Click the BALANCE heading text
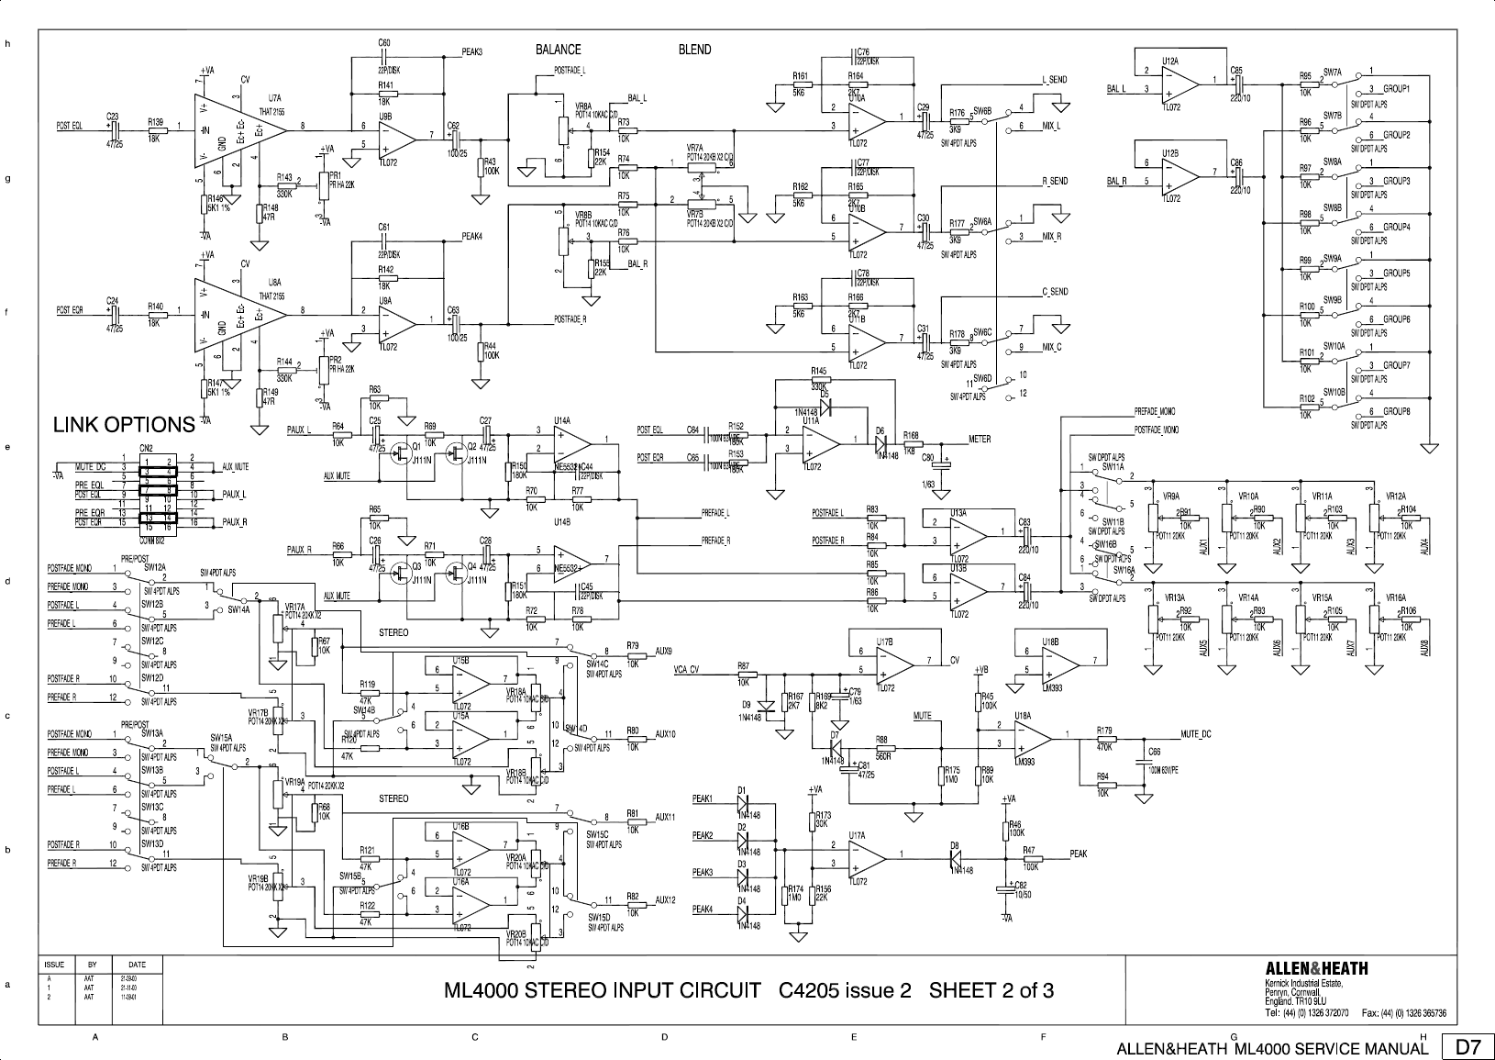[x=558, y=50]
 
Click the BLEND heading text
[x=694, y=50]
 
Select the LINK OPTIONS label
[x=124, y=425]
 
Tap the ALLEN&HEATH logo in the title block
[x=1316, y=968]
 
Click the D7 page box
[x=1468, y=1046]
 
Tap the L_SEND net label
[x=1055, y=80]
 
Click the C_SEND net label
[x=1055, y=292]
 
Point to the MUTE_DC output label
[x=1196, y=733]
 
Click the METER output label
[x=980, y=439]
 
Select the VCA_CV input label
[x=686, y=668]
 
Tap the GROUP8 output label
[x=1396, y=411]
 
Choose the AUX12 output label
[x=666, y=900]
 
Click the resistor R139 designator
[x=155, y=121]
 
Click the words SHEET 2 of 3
[x=991, y=990]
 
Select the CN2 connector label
[x=146, y=447]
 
